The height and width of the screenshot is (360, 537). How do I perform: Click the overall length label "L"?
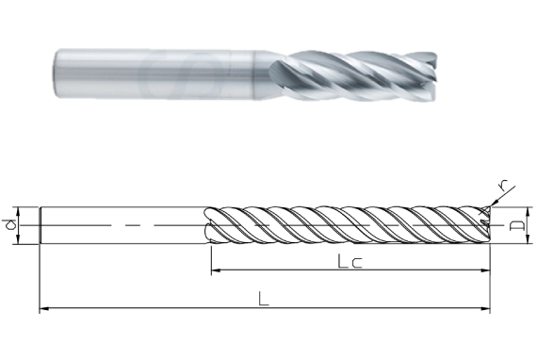pos(265,300)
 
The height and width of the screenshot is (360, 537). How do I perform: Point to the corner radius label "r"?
pos(504,186)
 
